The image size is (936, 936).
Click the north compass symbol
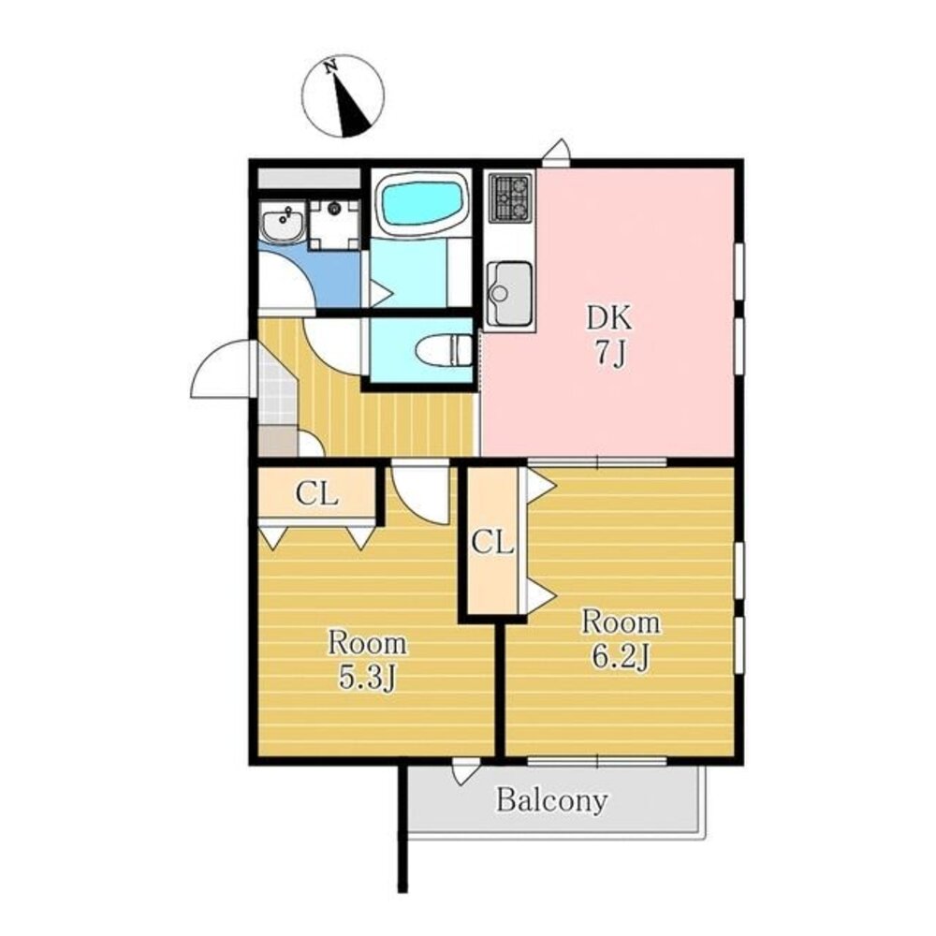coord(343,96)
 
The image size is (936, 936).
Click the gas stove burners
coord(510,197)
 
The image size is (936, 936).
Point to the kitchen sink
coord(509,294)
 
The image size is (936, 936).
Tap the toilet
coord(444,350)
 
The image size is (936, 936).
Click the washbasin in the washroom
coord(283,222)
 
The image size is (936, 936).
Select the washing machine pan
coord(335,225)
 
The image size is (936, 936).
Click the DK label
coord(609,318)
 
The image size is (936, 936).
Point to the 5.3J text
coord(367,678)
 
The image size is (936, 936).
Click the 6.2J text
coord(621,657)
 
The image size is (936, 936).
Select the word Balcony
coord(552,800)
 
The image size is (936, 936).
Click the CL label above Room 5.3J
coord(317,494)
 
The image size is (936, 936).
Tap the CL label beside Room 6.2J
coord(492,543)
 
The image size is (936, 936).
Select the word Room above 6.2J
coord(621,622)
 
